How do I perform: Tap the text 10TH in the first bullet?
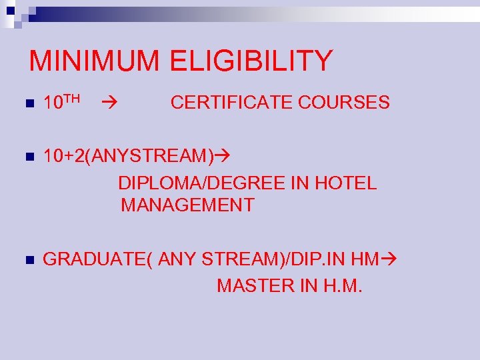point(61,102)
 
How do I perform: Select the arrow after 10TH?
point(110,103)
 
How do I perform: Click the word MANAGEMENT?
point(187,205)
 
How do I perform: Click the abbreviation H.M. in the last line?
point(341,286)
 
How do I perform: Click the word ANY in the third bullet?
point(178,259)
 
